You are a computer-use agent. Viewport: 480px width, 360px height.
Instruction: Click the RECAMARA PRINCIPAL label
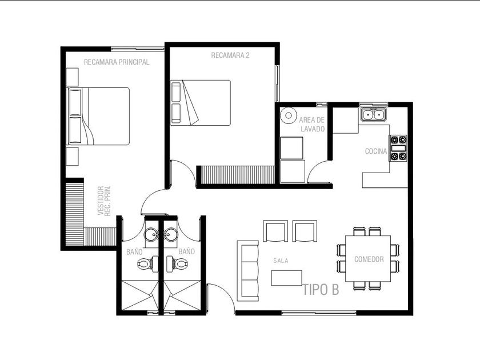pyautogui.click(x=117, y=62)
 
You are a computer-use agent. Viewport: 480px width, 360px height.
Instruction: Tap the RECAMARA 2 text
pyautogui.click(x=230, y=55)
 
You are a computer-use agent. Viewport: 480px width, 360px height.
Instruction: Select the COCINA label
pyautogui.click(x=376, y=151)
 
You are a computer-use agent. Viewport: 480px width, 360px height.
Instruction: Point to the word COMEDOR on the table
pyautogui.click(x=369, y=259)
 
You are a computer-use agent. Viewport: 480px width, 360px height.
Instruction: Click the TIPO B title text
pyautogui.click(x=321, y=290)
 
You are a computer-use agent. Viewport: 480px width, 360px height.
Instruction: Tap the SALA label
pyautogui.click(x=281, y=261)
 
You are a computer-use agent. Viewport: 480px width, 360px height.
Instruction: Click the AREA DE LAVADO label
pyautogui.click(x=312, y=125)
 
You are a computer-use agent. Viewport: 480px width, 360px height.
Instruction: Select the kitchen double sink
pyautogui.click(x=373, y=115)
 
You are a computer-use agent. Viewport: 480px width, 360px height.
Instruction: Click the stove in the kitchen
pyautogui.click(x=398, y=148)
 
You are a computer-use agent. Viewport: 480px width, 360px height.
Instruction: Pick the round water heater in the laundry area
pyautogui.click(x=289, y=115)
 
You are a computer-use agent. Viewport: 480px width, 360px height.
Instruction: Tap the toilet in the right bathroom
pyautogui.click(x=177, y=263)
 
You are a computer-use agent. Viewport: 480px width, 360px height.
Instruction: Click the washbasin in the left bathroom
pyautogui.click(x=151, y=235)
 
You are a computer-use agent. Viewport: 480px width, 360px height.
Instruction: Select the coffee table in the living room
pyautogui.click(x=286, y=278)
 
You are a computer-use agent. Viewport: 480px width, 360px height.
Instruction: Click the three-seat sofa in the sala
pyautogui.click(x=248, y=271)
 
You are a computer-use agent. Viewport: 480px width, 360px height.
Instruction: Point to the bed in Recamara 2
pyautogui.click(x=201, y=102)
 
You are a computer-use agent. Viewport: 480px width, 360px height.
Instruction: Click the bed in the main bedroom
pyautogui.click(x=98, y=116)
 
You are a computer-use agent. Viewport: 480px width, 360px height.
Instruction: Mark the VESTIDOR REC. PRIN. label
pyautogui.click(x=104, y=201)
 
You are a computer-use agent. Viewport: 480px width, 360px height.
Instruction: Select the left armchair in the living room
pyautogui.click(x=275, y=231)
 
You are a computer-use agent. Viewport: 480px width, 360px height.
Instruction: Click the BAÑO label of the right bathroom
pyautogui.click(x=186, y=251)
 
